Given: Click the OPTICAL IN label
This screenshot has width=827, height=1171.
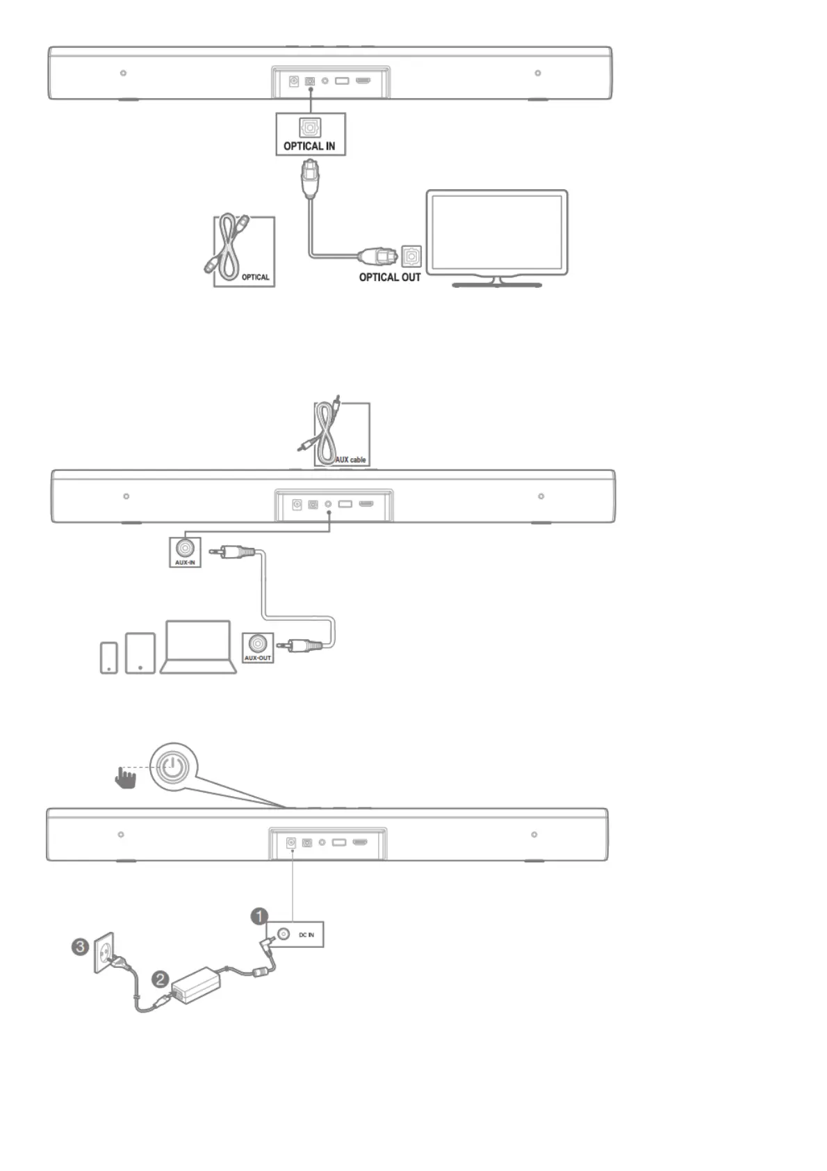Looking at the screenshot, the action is (x=309, y=146).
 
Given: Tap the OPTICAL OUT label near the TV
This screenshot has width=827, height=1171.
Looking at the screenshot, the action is (x=389, y=277).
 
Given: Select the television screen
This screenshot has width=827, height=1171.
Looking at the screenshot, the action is (x=496, y=232).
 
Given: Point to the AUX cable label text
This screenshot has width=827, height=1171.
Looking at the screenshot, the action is (x=350, y=460).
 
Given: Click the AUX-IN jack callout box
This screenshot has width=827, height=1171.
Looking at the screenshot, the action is (x=185, y=551).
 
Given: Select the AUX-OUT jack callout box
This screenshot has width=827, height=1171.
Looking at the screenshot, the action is (x=257, y=647).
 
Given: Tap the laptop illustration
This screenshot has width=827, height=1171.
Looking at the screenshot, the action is (x=198, y=647).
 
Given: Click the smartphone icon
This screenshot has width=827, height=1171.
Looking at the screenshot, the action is (x=109, y=657).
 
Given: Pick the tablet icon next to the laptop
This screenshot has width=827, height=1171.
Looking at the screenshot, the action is (x=140, y=653).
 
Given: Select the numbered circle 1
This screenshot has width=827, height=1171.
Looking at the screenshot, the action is (x=259, y=916).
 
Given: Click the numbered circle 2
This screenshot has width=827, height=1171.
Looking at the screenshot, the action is (x=161, y=980).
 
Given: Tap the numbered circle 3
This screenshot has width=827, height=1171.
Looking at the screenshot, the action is (x=81, y=946).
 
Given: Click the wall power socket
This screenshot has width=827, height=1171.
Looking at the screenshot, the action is (x=104, y=953).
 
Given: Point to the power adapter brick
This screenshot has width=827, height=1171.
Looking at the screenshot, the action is (x=197, y=985).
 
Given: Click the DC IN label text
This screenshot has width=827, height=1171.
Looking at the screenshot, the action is (x=306, y=935).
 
